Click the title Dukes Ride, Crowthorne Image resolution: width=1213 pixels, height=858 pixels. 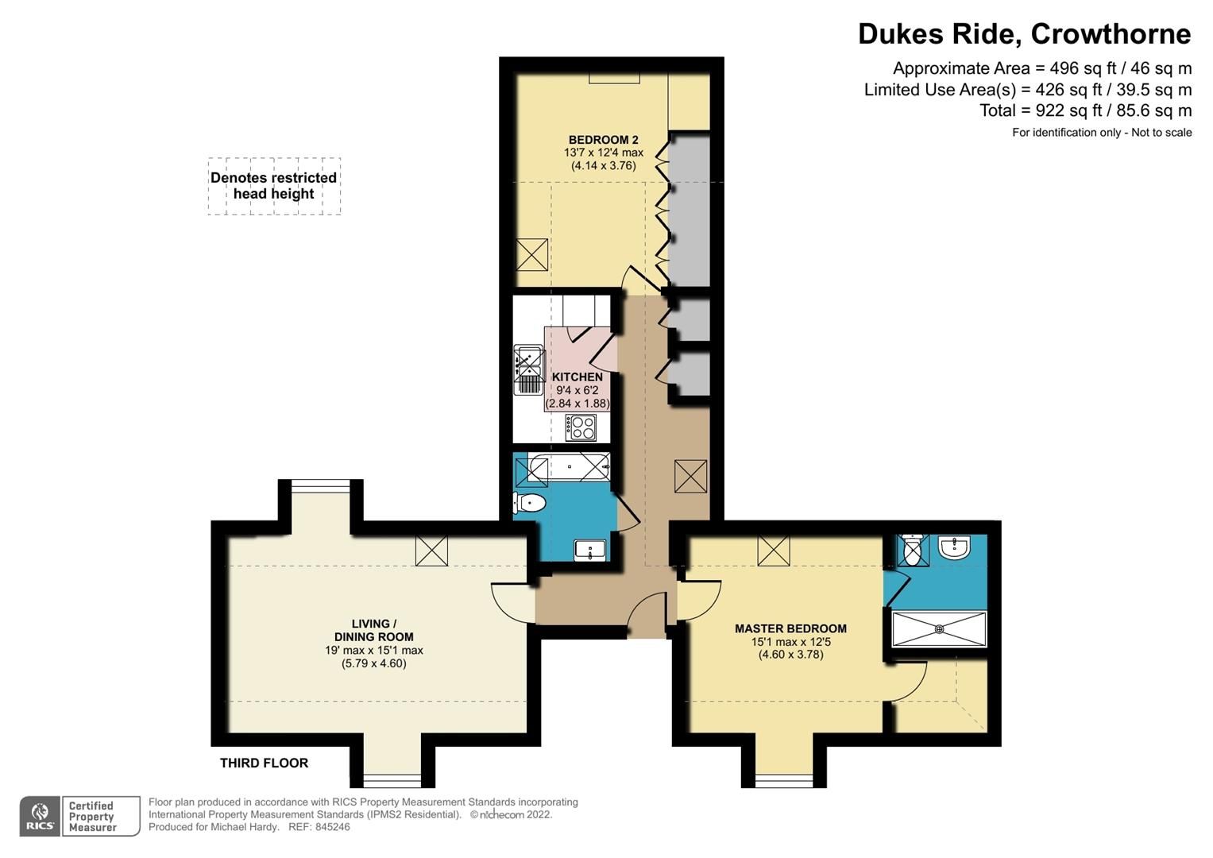1024,34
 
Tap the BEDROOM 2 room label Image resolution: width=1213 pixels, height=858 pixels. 603,140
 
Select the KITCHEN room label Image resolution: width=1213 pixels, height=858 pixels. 577,377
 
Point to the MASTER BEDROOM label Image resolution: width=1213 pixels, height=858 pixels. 790,628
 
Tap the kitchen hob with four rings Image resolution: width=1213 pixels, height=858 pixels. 581,427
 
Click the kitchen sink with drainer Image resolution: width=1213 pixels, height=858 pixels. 527,369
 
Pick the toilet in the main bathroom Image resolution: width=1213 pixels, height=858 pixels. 529,503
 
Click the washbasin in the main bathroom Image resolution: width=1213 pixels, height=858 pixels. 589,549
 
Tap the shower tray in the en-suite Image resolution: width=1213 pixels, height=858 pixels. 939,628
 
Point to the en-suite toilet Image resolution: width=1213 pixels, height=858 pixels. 913,549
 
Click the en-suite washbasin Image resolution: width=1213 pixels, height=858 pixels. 953,547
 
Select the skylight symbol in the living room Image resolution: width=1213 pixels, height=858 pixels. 431,551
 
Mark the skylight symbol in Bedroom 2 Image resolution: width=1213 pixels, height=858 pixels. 531,254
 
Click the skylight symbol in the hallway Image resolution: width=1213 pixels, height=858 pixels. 690,477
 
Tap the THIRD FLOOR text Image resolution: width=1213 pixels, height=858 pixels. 264,763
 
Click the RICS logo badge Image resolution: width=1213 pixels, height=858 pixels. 39,816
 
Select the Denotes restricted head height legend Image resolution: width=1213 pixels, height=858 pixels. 274,186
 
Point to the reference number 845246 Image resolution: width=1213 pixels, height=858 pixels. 331,826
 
